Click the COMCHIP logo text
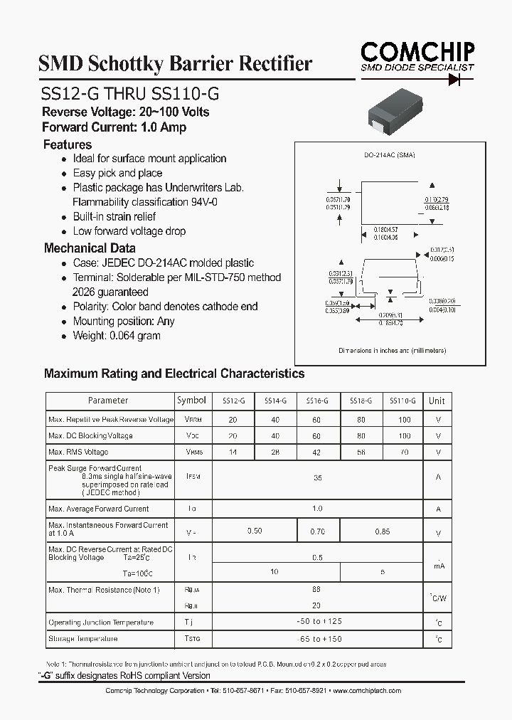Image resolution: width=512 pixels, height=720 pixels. coord(417,52)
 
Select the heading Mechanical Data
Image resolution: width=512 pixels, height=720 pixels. coord(90,248)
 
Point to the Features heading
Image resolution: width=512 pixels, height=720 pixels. coord(68,144)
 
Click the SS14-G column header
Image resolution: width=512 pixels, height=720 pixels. coord(275,401)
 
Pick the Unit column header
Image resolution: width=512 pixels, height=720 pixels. coord(437,401)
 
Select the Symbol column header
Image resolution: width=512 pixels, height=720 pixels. coord(191,401)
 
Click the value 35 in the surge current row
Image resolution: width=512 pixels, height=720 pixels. coord(317,478)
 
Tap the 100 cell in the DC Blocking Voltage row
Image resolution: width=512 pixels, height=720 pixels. coord(405,435)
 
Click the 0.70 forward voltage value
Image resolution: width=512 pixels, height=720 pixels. coord(317,531)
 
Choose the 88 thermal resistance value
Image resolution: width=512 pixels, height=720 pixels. coord(317,590)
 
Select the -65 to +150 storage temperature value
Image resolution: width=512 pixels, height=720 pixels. coord(317,639)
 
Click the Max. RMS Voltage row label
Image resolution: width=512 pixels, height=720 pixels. coord(78,452)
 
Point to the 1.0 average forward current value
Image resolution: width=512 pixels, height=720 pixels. coord(317,509)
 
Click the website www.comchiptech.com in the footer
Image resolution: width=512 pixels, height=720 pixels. coord(367,691)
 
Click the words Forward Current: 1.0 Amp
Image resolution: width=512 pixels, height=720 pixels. coord(114,127)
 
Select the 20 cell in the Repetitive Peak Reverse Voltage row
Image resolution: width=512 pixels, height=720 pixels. coord(233,419)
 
